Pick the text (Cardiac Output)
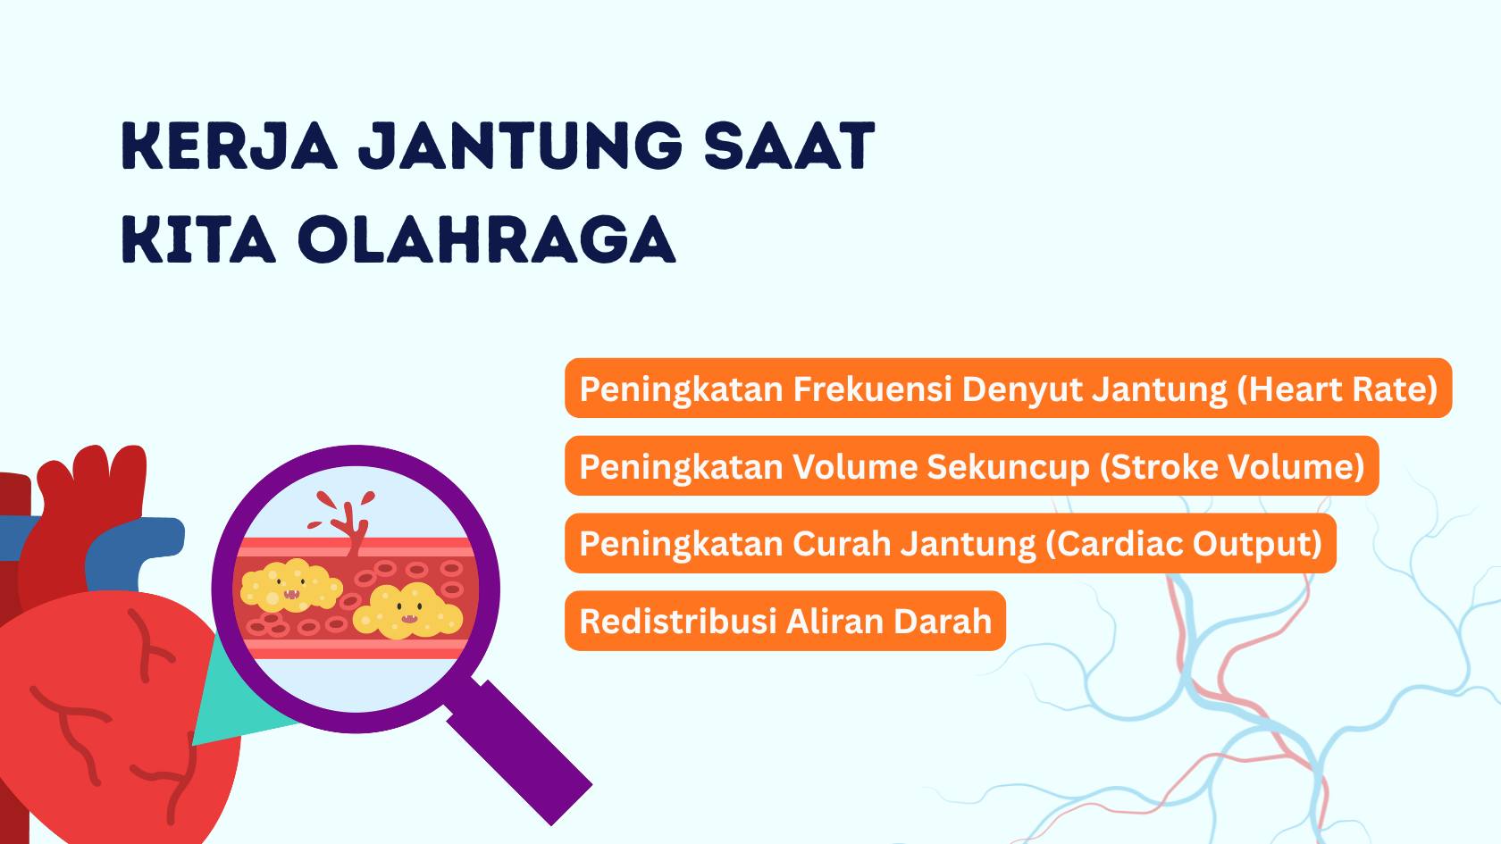(x=1183, y=543)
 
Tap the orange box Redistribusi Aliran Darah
(x=785, y=621)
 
